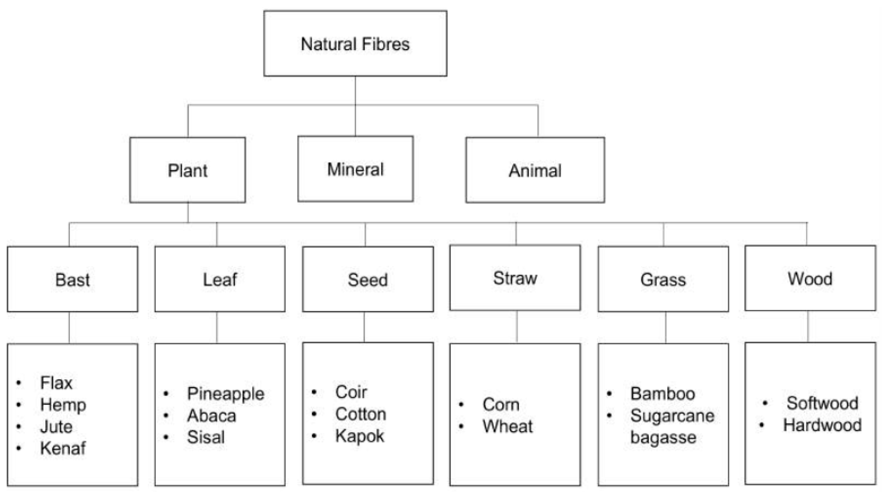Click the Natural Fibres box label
click(x=355, y=44)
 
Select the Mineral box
click(x=355, y=169)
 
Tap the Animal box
click(x=535, y=170)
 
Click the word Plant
click(x=188, y=170)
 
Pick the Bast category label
click(x=72, y=279)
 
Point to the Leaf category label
click(x=220, y=279)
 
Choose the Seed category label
click(x=368, y=279)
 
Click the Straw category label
click(x=515, y=278)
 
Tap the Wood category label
click(x=810, y=278)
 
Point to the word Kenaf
click(x=63, y=448)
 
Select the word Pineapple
click(x=225, y=394)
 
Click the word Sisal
click(x=205, y=437)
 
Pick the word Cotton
click(x=361, y=414)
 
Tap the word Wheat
click(x=507, y=427)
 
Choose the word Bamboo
click(x=662, y=394)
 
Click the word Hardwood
click(x=822, y=425)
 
